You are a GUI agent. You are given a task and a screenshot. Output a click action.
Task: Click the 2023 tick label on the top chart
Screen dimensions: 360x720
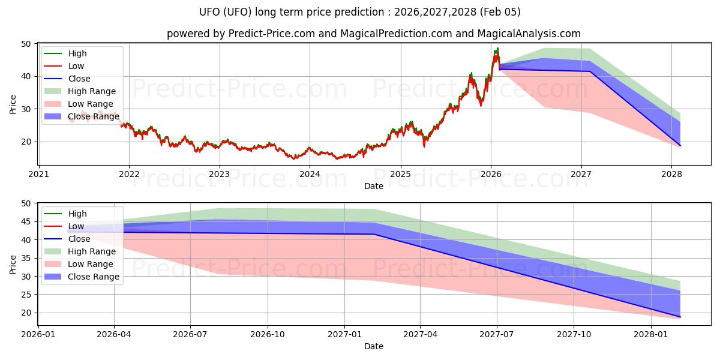coord(219,174)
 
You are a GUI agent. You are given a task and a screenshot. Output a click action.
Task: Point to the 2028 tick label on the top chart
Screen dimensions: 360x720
coord(671,174)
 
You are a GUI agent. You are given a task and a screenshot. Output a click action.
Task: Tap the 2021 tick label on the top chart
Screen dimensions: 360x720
coord(38,174)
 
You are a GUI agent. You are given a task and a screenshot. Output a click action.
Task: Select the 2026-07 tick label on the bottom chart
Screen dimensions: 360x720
coord(190,334)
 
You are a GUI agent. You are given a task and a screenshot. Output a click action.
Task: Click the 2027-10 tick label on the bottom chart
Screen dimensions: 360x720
coord(574,334)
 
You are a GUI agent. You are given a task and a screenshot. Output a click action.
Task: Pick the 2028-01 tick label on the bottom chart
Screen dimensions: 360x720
coord(650,334)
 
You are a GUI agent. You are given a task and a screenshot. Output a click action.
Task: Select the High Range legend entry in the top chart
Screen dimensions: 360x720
coord(92,91)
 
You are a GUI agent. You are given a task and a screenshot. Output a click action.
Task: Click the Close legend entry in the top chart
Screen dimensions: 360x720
coord(79,79)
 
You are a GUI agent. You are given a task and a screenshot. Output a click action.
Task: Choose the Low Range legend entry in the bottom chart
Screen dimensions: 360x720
coord(90,264)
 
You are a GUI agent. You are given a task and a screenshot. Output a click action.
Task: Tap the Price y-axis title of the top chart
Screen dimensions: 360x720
coord(13,103)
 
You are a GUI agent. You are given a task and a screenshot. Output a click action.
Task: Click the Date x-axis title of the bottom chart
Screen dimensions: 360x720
coord(373,346)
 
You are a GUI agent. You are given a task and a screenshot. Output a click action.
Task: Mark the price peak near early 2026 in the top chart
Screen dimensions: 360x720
coord(497,48)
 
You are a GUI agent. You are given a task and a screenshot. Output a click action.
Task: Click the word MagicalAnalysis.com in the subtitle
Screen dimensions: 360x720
coord(529,34)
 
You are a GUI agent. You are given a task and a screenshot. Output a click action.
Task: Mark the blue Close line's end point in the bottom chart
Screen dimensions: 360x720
coord(680,317)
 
